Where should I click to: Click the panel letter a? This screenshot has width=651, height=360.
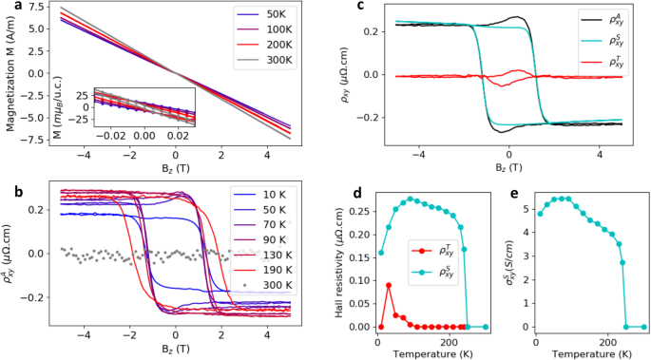tap(7, 8)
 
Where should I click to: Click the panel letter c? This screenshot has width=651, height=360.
tap(361, 8)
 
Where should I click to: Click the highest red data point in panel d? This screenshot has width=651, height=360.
tap(389, 284)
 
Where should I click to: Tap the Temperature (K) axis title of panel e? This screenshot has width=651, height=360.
tap(589, 351)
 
